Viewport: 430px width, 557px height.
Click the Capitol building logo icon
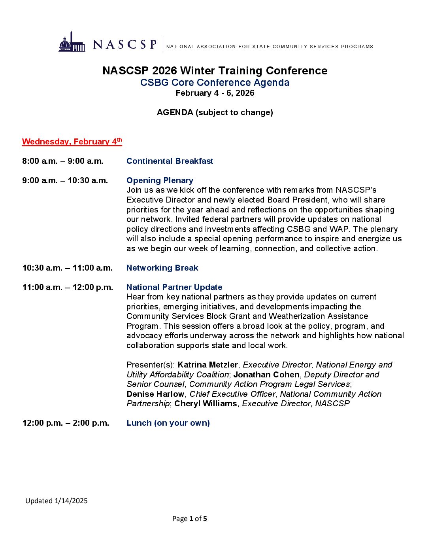(x=72, y=43)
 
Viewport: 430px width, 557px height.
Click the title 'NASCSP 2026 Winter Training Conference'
(x=215, y=71)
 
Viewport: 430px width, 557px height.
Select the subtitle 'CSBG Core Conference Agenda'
(x=215, y=83)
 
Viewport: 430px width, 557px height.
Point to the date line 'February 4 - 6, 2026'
(x=215, y=93)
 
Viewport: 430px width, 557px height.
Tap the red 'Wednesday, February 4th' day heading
(x=72, y=142)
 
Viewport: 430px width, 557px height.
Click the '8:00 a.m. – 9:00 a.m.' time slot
(x=62, y=161)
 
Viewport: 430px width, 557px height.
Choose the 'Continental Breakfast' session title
(x=170, y=161)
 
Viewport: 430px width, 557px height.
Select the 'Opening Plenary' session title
(x=160, y=180)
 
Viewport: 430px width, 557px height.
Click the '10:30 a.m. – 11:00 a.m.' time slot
(x=67, y=268)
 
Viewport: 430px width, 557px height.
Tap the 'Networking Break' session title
(x=162, y=268)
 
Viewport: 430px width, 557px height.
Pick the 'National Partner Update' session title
(x=174, y=287)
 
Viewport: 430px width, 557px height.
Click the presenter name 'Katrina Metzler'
(x=208, y=365)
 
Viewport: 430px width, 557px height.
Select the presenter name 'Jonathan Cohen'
(x=266, y=375)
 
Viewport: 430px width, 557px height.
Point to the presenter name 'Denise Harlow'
(x=155, y=394)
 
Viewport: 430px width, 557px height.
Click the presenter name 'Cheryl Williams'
(x=206, y=404)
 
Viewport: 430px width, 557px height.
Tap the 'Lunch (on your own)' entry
(x=168, y=423)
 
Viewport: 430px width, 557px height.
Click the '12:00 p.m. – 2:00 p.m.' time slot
(x=66, y=423)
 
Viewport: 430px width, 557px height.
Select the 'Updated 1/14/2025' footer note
(x=57, y=501)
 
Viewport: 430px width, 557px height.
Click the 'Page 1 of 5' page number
(x=190, y=519)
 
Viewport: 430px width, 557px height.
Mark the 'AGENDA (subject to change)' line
(x=215, y=112)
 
